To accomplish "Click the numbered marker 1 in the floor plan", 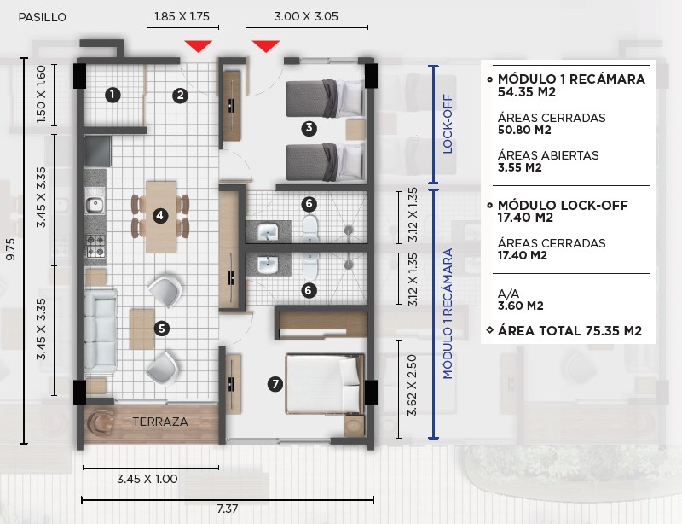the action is click(x=113, y=95).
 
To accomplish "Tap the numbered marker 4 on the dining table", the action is click(x=160, y=215).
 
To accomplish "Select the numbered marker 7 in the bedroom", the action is click(x=275, y=384).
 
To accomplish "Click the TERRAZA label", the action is click(x=160, y=422).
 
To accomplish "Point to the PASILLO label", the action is click(x=42, y=17).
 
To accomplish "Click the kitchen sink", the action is click(x=95, y=204).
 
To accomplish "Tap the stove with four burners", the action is click(x=95, y=246).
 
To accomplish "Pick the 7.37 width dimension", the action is click(x=228, y=509).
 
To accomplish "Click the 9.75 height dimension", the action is click(x=10, y=249).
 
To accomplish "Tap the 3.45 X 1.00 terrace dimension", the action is click(x=147, y=479).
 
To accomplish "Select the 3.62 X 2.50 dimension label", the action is click(x=412, y=386).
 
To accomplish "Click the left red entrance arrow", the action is click(x=198, y=46).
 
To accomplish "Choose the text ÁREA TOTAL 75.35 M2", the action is click(x=569, y=331).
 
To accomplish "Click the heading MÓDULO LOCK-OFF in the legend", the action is click(x=563, y=205).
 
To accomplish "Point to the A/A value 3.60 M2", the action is click(x=521, y=306).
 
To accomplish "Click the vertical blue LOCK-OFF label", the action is click(x=448, y=124).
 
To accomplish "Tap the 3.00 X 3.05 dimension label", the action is click(x=306, y=16).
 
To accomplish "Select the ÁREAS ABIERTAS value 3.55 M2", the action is click(x=520, y=168).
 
